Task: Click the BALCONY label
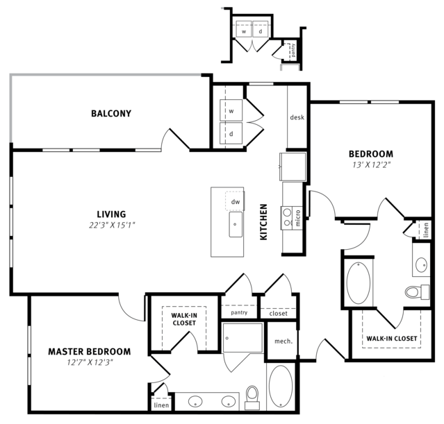111,113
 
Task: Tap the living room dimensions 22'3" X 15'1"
112,225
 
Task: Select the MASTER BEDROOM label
90,352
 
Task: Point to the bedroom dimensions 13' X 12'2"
371,164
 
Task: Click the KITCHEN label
263,222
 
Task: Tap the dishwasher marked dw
235,201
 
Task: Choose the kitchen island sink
236,224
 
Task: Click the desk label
297,117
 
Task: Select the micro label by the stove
297,218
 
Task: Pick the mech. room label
283,341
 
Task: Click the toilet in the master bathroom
252,398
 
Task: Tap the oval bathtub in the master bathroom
281,387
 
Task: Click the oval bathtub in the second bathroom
359,283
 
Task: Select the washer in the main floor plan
231,110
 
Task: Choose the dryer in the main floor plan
231,133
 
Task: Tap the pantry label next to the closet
239,312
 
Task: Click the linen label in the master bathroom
161,405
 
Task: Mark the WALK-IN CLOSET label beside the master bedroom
184,319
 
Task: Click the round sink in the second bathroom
421,264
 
